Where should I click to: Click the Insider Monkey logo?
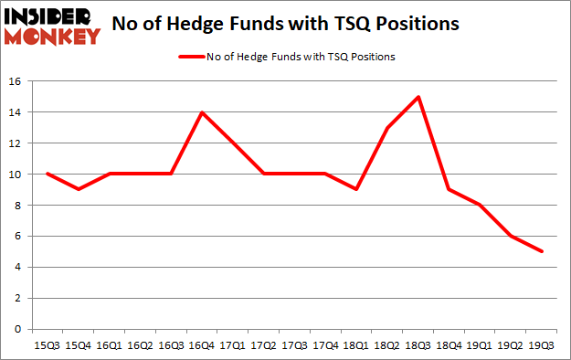pyautogui.click(x=52, y=25)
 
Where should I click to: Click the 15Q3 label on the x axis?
pyautogui.click(x=48, y=345)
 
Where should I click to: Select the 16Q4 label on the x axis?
pyautogui.click(x=202, y=345)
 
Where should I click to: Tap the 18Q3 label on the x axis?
pyautogui.click(x=417, y=345)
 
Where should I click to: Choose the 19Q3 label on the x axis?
pyautogui.click(x=540, y=345)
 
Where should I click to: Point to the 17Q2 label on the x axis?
pyautogui.click(x=263, y=345)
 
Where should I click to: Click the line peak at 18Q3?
pyautogui.click(x=418, y=97)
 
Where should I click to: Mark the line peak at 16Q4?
pyautogui.click(x=202, y=112)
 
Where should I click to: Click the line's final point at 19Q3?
pyautogui.click(x=541, y=251)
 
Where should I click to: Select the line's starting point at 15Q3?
pyautogui.click(x=48, y=174)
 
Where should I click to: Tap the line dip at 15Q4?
pyautogui.click(x=79, y=189)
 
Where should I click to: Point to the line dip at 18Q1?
pyautogui.click(x=355, y=189)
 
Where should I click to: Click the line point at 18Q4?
pyautogui.click(x=448, y=189)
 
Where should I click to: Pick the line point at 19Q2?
pyautogui.click(x=510, y=236)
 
